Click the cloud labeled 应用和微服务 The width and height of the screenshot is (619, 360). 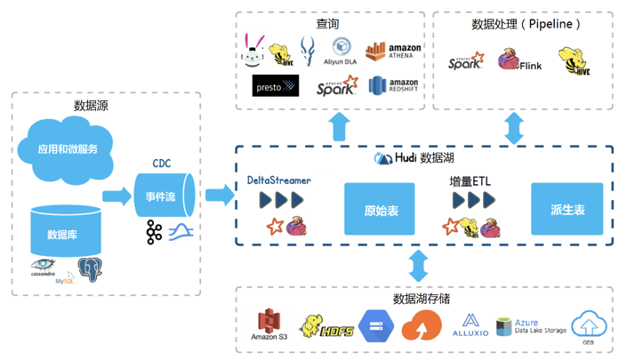pos(68,147)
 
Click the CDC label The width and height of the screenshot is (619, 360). pos(161,164)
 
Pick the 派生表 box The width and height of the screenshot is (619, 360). pos(567,211)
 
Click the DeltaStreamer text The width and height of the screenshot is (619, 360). pos(279,180)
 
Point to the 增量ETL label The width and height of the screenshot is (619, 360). pos(470,181)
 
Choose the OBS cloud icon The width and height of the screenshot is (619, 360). pos(588,324)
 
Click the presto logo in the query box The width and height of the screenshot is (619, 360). pos(276,86)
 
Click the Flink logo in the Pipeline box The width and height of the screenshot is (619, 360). pos(519,61)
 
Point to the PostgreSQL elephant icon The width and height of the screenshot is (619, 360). pos(90,268)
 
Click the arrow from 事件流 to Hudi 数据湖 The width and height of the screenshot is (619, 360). pos(217,195)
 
